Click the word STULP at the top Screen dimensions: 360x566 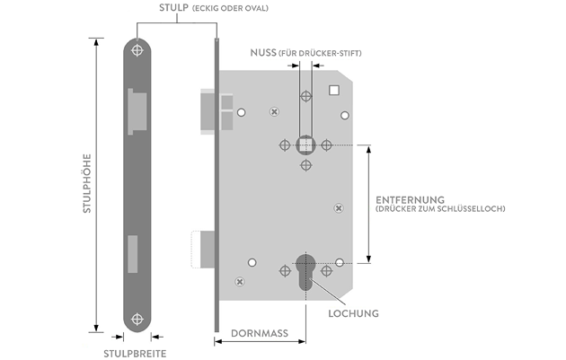click(173, 9)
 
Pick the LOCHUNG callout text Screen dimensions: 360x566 click(353, 313)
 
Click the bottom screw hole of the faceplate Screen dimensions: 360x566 click(137, 319)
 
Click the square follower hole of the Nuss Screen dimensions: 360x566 click(307, 145)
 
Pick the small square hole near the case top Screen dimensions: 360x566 click(335, 90)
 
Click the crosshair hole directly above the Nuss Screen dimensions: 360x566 click(306, 95)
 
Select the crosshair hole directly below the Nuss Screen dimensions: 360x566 click(306, 165)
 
